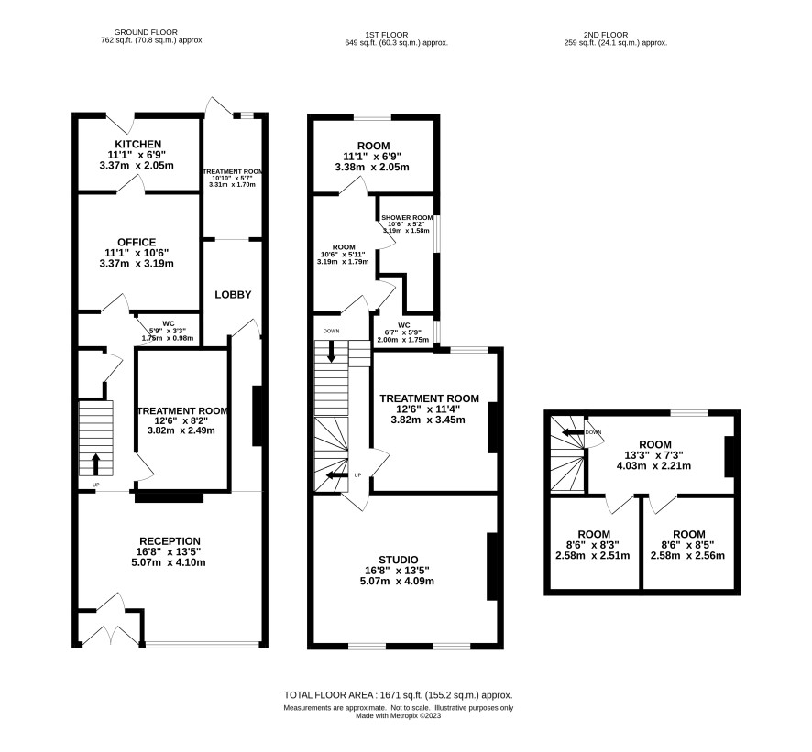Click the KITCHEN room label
pos(137,144)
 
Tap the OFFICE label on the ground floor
pos(137,242)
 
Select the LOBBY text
pos(233,295)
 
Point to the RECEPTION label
pos(170,541)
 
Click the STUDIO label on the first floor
pos(399,560)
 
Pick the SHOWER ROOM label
pos(407,217)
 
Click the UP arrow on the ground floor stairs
pos(96,464)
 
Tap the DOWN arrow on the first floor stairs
pos(331,351)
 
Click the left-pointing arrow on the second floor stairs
pos(573,432)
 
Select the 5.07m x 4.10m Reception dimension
pos(169,562)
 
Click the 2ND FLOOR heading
pos(606,35)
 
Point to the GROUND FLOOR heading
pos(146,32)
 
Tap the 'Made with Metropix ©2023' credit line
pos(399,715)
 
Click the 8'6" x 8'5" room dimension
pos(689,545)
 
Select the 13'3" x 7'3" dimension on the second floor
pos(654,455)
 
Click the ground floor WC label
pos(169,324)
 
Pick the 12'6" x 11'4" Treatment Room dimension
pos(428,409)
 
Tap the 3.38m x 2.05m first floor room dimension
pos(372,168)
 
